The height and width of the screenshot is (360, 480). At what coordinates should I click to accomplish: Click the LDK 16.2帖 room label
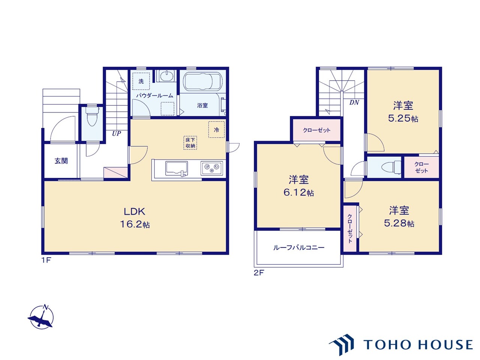(135, 218)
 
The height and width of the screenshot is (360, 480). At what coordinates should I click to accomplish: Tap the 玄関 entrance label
(61, 161)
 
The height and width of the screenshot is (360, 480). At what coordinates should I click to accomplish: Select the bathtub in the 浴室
(203, 81)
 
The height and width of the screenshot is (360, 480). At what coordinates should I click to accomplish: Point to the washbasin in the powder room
(166, 76)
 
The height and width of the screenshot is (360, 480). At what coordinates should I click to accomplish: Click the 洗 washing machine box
(141, 81)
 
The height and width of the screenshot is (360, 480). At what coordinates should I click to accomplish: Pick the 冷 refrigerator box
(216, 130)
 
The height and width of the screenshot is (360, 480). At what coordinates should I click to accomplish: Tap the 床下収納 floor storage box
(190, 143)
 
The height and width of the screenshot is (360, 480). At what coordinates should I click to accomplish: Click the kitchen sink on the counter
(177, 168)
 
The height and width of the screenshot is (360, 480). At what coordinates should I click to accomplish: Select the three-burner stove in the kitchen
(211, 168)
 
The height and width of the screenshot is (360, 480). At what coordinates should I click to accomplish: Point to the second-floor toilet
(391, 168)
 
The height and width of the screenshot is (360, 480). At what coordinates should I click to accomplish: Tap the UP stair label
(116, 133)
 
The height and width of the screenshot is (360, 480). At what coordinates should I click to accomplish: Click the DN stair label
(354, 102)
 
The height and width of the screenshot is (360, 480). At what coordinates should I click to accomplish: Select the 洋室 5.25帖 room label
(403, 112)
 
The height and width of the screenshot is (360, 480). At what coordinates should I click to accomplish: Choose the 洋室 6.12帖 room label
(298, 186)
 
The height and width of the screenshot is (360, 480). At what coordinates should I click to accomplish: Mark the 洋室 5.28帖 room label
(399, 217)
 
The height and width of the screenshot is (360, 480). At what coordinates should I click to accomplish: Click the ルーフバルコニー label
(298, 247)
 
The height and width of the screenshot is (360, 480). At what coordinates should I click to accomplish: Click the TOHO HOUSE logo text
(418, 345)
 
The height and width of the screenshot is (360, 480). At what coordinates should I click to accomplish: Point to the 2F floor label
(259, 273)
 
